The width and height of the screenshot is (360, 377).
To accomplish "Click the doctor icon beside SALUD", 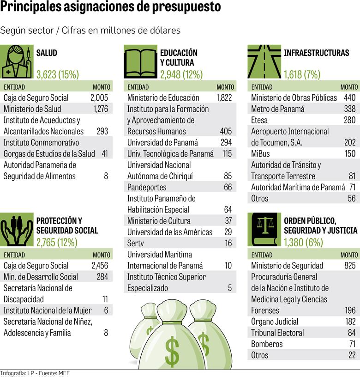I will [17, 62].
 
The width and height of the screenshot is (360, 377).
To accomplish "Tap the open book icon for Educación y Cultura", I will [141, 62].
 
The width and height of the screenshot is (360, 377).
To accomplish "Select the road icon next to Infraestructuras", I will [264, 62].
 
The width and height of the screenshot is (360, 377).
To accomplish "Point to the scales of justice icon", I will [264, 229].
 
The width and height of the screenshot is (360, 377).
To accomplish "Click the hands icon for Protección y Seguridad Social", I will [17, 229].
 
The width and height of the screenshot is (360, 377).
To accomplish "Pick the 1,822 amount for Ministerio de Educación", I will [224, 98].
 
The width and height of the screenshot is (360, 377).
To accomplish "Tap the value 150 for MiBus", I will [349, 154].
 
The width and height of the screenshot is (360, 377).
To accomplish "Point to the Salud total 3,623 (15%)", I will [58, 74].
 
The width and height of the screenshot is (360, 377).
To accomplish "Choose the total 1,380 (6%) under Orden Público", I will [303, 242].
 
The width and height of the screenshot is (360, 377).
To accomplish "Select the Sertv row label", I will [136, 243].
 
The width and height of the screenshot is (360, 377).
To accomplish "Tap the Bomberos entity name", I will [266, 344].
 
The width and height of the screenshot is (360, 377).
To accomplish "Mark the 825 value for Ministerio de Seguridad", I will [349, 266].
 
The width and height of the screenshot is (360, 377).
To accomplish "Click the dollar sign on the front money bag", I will [172, 352].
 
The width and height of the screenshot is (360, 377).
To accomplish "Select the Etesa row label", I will [260, 120].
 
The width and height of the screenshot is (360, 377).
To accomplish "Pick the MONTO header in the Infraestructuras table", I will [349, 87].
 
